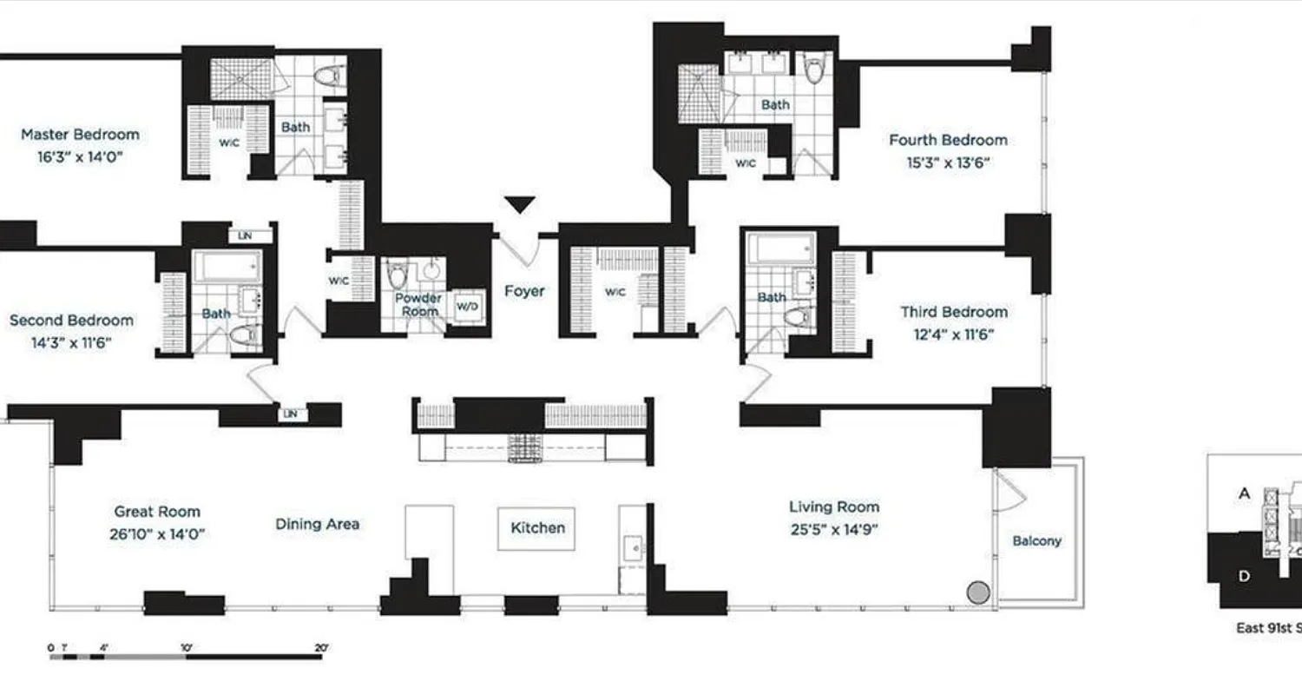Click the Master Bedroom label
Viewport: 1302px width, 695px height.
(80, 135)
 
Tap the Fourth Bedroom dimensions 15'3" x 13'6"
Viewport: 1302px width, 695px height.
(948, 162)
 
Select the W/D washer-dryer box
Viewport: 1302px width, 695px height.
(467, 306)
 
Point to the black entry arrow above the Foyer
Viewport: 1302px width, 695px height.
(520, 205)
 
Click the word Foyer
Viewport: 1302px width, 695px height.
(524, 291)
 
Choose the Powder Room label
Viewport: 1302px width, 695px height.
(419, 304)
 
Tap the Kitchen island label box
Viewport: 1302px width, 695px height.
(536, 528)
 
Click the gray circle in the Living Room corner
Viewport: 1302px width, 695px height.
(978, 592)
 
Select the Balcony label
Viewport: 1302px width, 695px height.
(1036, 540)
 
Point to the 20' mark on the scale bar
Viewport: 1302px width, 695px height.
(321, 648)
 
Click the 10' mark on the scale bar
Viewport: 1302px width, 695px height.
(186, 648)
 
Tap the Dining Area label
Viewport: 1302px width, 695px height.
(317, 524)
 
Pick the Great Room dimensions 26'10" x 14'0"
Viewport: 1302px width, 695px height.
(157, 534)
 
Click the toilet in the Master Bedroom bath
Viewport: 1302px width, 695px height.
(328, 76)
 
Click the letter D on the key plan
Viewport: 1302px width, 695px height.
(1244, 576)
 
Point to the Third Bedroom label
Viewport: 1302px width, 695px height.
(953, 312)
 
